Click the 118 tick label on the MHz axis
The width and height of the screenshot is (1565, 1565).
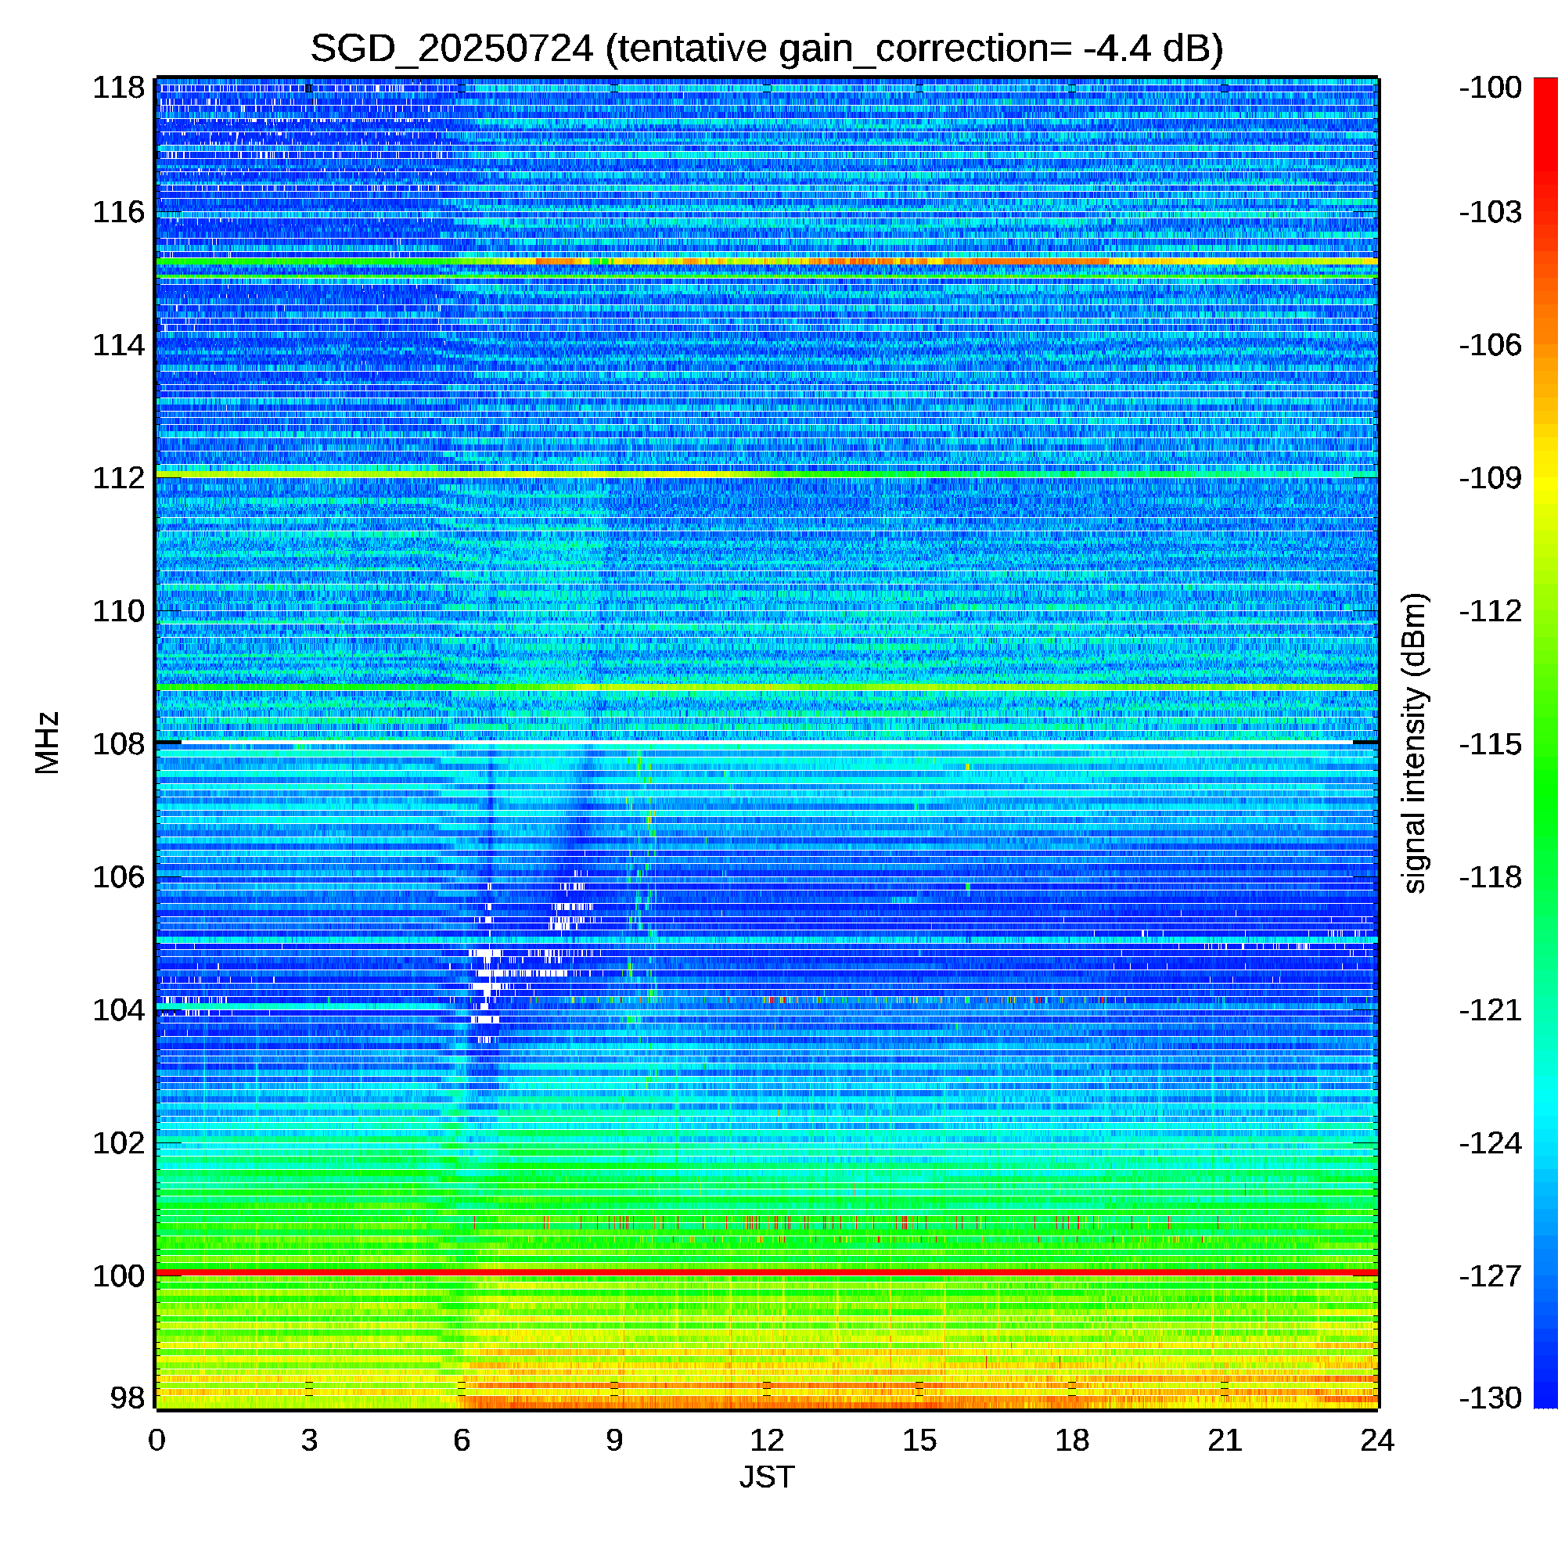point(118,88)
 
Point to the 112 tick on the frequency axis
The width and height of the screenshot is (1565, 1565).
point(118,478)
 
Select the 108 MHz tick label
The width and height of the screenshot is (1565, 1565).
point(118,743)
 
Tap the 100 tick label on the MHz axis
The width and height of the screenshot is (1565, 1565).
point(118,1275)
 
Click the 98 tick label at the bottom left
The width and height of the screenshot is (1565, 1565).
point(128,1398)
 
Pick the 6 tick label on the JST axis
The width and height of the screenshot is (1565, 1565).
point(462,1441)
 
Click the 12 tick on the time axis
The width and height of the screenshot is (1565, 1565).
point(767,1441)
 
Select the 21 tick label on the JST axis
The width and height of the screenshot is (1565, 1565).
point(1225,1441)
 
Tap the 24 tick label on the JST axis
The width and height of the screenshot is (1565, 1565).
point(1377,1441)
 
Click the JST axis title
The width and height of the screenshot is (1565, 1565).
point(767,1477)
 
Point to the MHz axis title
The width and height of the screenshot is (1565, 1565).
point(47,743)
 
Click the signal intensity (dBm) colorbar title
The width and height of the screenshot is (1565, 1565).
point(1414,743)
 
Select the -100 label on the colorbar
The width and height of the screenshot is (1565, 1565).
point(1491,88)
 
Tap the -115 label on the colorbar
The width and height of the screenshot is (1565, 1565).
point(1491,743)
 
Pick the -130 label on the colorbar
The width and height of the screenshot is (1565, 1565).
point(1491,1398)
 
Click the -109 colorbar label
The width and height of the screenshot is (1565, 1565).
point(1491,478)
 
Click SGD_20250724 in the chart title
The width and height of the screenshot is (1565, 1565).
point(452,49)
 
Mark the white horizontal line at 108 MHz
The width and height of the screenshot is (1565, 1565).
point(767,742)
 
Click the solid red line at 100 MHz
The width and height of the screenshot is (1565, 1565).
point(767,1273)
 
